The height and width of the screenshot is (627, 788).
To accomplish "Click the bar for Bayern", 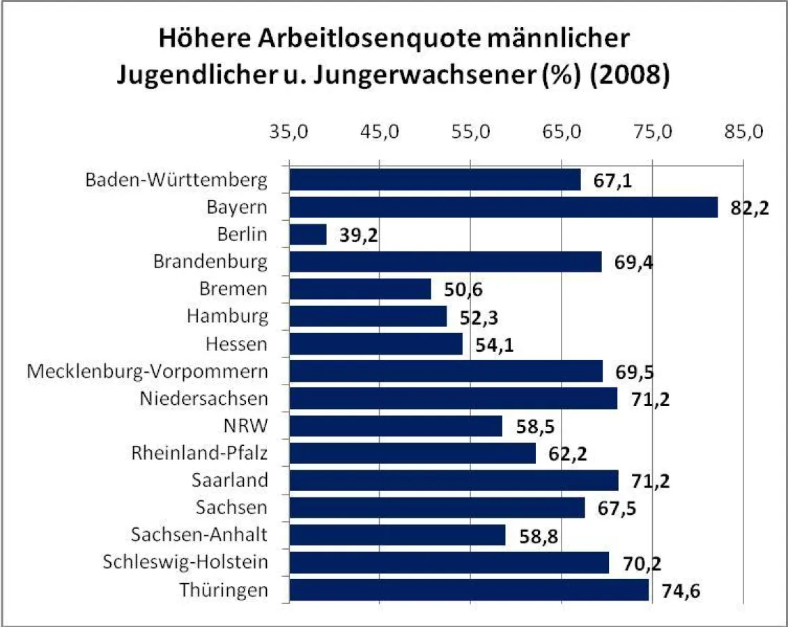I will (503, 207).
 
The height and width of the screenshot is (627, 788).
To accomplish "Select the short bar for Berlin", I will (307, 235).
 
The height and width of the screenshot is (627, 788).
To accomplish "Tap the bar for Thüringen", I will (468, 590).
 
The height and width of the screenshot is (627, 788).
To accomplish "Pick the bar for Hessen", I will (376, 343).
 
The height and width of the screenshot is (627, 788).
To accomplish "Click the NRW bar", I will (395, 426).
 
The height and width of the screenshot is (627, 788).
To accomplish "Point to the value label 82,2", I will (750, 208).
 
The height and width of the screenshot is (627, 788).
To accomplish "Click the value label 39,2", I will (358, 235).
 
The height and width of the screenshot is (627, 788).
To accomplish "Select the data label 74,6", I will (681, 591).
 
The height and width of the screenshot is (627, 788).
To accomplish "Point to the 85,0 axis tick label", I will (743, 132).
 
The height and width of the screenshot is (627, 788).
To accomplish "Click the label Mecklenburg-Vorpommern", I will (147, 371).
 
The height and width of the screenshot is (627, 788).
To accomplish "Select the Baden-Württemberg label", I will (176, 180).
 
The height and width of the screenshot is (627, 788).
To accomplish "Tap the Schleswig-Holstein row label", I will (185, 562).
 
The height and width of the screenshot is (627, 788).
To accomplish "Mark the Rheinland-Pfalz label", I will (199, 453).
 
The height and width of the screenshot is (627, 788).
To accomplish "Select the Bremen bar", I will (360, 289).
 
